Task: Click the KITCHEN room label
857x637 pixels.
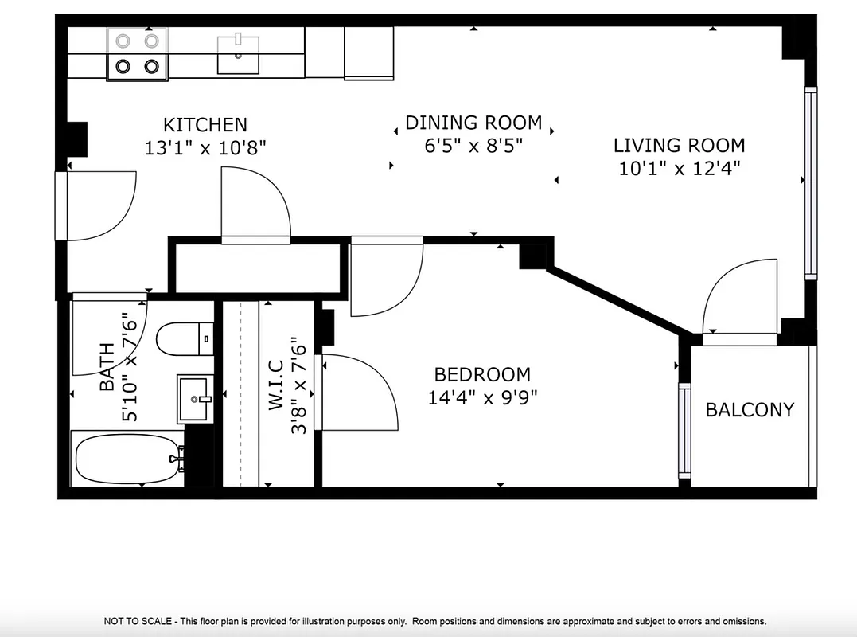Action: [x=205, y=125]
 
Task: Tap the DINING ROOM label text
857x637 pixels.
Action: [x=473, y=123]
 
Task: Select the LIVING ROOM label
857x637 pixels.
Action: [x=679, y=145]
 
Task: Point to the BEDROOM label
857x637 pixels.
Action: [x=482, y=374]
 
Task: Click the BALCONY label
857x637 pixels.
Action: [x=750, y=410]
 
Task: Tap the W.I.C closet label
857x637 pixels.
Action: [x=276, y=385]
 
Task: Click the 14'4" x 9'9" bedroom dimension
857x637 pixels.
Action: [x=482, y=397]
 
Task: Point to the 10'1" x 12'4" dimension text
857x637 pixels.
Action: [x=679, y=168]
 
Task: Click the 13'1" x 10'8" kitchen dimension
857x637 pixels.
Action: [x=205, y=147]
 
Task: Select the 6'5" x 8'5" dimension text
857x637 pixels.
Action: [x=473, y=146]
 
